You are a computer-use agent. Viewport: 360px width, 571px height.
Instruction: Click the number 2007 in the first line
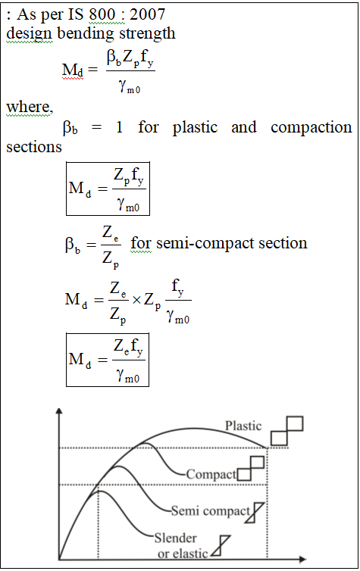(147, 14)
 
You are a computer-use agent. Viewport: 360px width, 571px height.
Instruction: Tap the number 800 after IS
(102, 14)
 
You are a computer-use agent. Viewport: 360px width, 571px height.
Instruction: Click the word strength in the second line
(147, 34)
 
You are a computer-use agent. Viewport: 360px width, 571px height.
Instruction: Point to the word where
(30, 107)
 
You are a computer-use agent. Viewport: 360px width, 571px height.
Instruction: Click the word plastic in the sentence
(195, 127)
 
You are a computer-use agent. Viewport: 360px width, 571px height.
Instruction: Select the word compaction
(311, 127)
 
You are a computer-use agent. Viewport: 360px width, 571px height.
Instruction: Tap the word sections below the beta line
(34, 147)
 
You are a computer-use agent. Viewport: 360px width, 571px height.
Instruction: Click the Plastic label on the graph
(243, 426)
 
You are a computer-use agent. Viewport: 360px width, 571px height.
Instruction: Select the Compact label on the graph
(211, 474)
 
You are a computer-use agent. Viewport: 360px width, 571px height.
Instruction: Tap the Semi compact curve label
(210, 511)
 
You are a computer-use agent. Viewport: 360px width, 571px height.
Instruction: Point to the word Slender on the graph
(175, 538)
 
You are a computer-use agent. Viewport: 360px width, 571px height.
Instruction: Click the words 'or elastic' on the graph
(183, 554)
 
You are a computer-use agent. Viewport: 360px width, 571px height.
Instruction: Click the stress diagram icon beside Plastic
(287, 431)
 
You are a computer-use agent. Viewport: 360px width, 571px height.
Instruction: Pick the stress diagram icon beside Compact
(251, 469)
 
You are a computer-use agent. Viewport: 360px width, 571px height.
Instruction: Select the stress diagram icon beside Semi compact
(255, 513)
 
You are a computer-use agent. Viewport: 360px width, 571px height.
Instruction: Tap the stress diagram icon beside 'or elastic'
(221, 546)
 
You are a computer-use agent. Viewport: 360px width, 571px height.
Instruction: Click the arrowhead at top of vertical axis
(59, 411)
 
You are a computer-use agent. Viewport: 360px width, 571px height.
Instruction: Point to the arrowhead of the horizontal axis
(302, 559)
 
